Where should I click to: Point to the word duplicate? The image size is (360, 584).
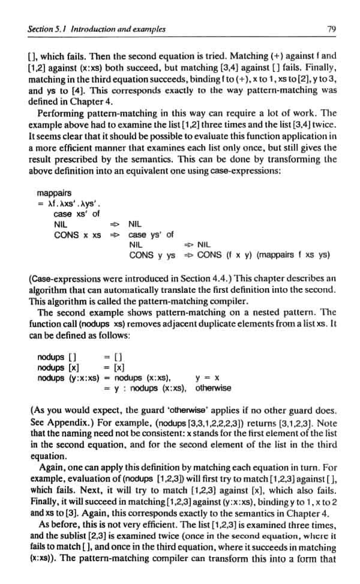click(229, 323)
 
